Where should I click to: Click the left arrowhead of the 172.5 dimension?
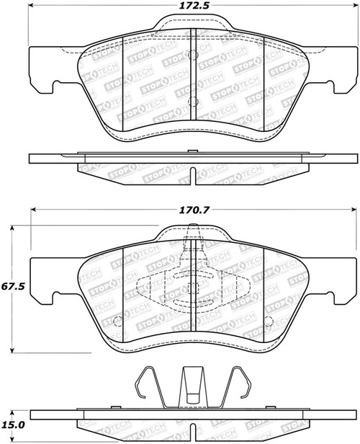click(x=32, y=10)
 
